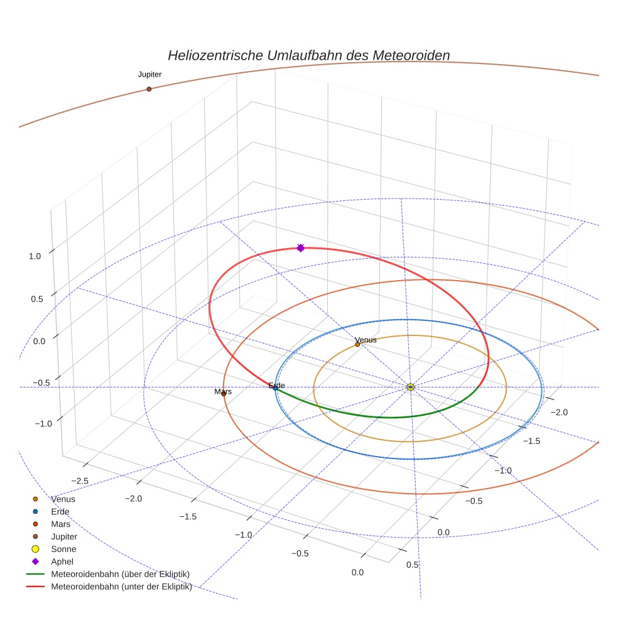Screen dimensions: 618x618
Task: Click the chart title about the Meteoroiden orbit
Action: pyautogui.click(x=308, y=55)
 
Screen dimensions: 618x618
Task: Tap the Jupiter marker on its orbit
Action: pyautogui.click(x=149, y=89)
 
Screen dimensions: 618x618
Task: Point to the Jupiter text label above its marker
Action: pyautogui.click(x=149, y=74)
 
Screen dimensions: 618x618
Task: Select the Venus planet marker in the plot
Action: pyautogui.click(x=357, y=344)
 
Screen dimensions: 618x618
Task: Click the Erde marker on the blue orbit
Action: pyautogui.click(x=275, y=388)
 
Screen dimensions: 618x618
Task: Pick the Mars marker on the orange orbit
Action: pyautogui.click(x=224, y=394)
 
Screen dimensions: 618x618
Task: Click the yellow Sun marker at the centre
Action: pyautogui.click(x=410, y=387)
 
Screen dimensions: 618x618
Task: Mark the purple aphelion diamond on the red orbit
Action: pyautogui.click(x=300, y=248)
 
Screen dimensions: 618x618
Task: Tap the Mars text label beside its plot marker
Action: pyautogui.click(x=223, y=392)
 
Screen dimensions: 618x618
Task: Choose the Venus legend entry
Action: pyautogui.click(x=63, y=499)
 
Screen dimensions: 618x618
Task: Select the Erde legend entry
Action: pyautogui.click(x=60, y=512)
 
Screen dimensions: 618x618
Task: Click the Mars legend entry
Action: pyautogui.click(x=60, y=524)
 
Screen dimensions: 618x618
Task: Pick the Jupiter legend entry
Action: pyautogui.click(x=64, y=536)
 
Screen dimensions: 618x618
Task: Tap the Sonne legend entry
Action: pyautogui.click(x=63, y=549)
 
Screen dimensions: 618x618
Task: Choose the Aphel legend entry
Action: pyautogui.click(x=62, y=561)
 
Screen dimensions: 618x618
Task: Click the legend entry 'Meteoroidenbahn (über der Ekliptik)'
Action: pyautogui.click(x=120, y=574)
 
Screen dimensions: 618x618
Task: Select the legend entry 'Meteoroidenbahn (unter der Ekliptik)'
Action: pyautogui.click(x=121, y=587)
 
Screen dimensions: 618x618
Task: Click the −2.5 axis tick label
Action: pyautogui.click(x=80, y=480)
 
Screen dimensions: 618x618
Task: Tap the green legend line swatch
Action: pyautogui.click(x=35, y=574)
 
